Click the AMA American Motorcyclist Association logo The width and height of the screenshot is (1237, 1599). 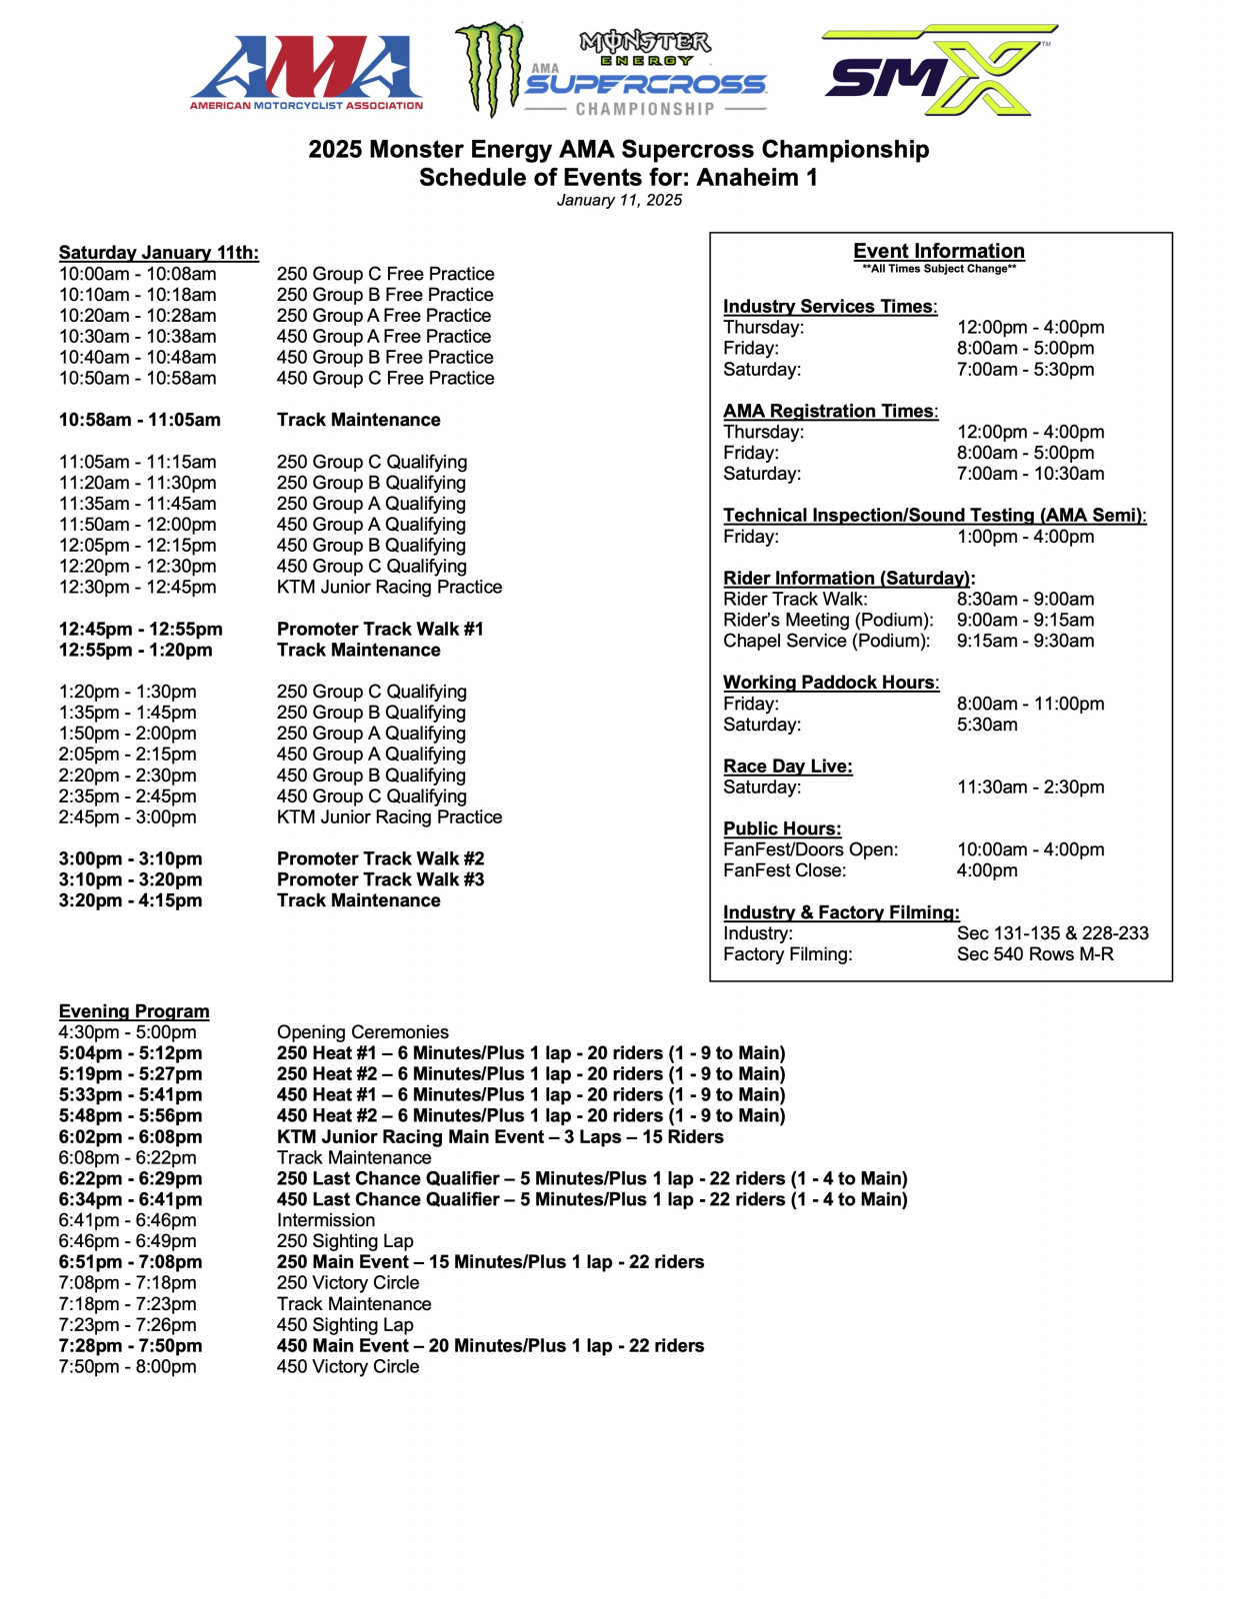tap(306, 72)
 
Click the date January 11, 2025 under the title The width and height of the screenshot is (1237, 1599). tap(619, 200)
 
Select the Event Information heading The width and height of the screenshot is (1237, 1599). tap(938, 251)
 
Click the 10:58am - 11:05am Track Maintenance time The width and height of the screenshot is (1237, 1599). tap(139, 420)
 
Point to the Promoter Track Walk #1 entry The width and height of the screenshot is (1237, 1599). tap(380, 629)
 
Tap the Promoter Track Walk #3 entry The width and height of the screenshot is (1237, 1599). tap(380, 879)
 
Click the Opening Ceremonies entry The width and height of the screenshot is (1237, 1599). tap(362, 1032)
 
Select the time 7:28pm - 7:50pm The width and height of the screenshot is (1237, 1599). tap(130, 1346)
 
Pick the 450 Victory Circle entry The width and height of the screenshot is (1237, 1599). tap(347, 1367)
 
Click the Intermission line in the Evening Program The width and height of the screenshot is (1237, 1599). tap(326, 1220)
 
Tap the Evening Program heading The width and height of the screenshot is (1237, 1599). tap(134, 1011)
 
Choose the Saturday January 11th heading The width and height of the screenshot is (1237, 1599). tap(158, 253)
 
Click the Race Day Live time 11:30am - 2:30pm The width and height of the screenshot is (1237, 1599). tap(1030, 788)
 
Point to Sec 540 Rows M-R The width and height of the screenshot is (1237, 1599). tap(1034, 954)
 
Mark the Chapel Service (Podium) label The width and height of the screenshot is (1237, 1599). tap(826, 641)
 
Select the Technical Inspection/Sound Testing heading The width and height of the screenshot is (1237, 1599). tap(934, 516)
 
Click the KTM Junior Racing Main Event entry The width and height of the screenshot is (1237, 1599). tap(500, 1137)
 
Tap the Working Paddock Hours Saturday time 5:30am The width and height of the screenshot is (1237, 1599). tap(986, 725)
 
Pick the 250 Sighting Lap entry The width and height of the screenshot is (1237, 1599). tap(344, 1241)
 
